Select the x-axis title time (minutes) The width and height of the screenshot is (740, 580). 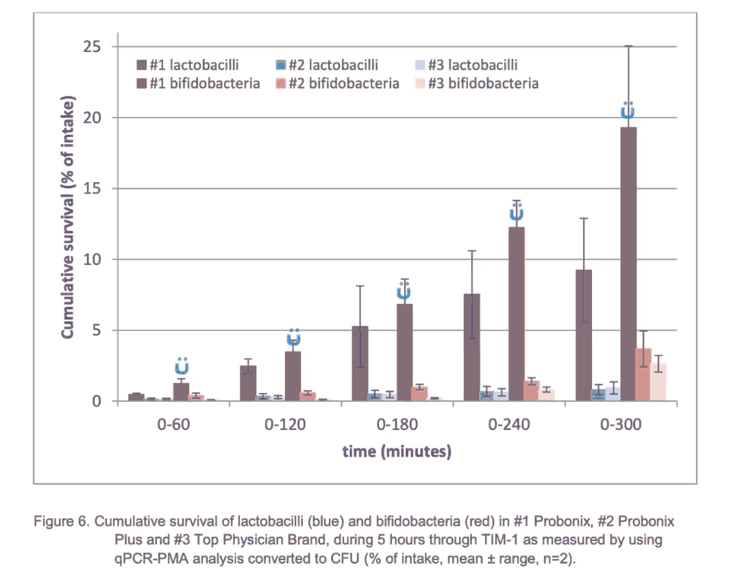[397, 451]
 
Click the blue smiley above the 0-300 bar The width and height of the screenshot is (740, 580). [628, 110]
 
